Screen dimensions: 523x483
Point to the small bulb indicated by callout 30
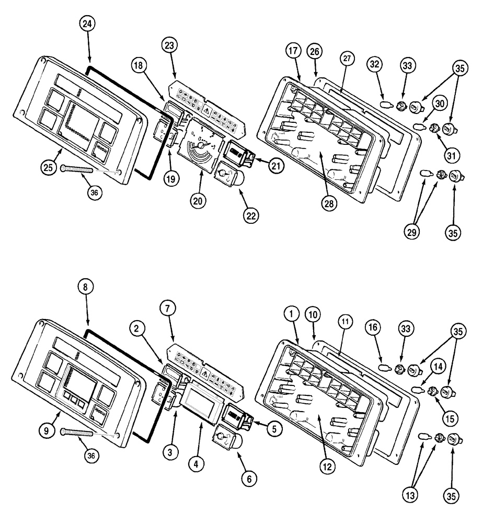(x=420, y=126)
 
